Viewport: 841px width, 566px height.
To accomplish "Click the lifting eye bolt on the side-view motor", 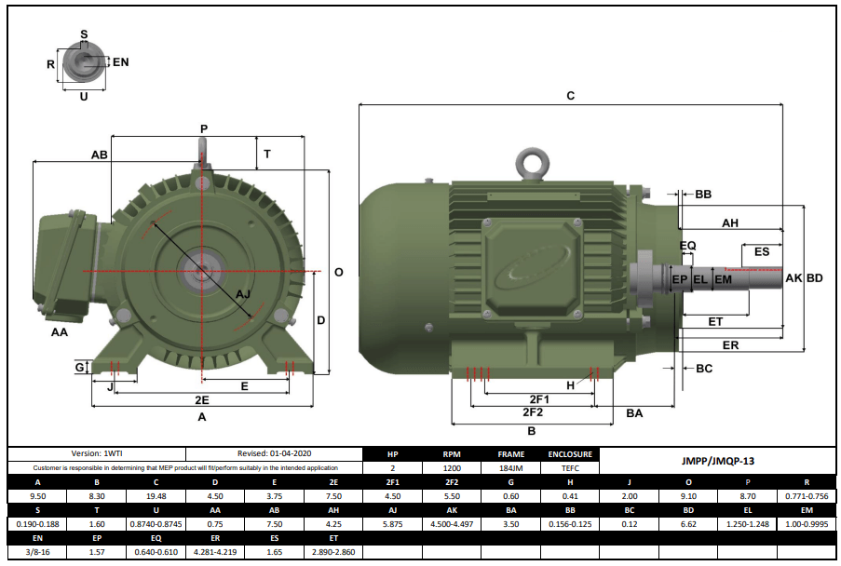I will (534, 164).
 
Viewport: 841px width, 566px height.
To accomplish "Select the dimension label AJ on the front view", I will (243, 294).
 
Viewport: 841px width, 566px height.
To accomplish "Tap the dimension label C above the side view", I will (571, 95).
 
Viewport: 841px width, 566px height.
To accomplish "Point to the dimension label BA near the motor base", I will (634, 412).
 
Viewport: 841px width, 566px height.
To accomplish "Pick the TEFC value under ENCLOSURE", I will (570, 469).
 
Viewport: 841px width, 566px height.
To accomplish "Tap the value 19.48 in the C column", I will (156, 497).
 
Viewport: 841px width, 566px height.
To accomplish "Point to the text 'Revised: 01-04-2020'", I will (274, 454).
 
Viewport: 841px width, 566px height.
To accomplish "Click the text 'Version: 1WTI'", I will (97, 454).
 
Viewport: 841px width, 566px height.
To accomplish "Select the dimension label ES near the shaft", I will (762, 251).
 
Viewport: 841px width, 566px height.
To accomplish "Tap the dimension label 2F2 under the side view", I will (532, 411).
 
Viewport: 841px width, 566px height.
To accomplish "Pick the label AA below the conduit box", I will (60, 331).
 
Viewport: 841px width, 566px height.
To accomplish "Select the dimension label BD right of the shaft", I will (815, 277).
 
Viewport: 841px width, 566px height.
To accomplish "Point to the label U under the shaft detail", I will (84, 96).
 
